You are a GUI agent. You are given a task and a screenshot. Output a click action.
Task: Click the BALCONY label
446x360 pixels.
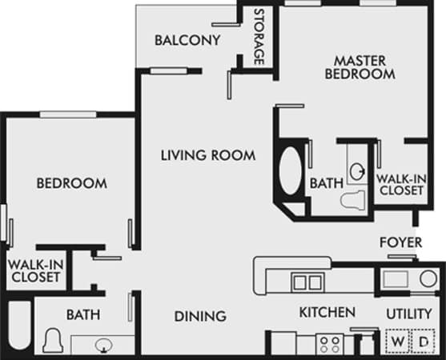click(x=187, y=40)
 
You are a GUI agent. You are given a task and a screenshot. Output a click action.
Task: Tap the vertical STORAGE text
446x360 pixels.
click(x=259, y=37)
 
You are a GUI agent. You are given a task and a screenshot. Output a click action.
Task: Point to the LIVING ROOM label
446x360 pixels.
click(x=207, y=155)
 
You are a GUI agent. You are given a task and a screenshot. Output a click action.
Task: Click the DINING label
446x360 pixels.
click(x=200, y=316)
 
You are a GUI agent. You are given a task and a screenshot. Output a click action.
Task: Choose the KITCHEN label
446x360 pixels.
click(x=327, y=312)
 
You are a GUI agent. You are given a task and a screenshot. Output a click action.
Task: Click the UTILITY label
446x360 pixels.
click(x=408, y=312)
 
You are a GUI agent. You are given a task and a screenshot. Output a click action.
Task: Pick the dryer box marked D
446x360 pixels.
click(x=422, y=342)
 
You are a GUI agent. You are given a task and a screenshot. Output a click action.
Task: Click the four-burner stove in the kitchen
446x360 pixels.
click(x=329, y=345)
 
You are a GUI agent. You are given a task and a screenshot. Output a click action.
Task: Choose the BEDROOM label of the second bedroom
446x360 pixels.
click(x=71, y=183)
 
